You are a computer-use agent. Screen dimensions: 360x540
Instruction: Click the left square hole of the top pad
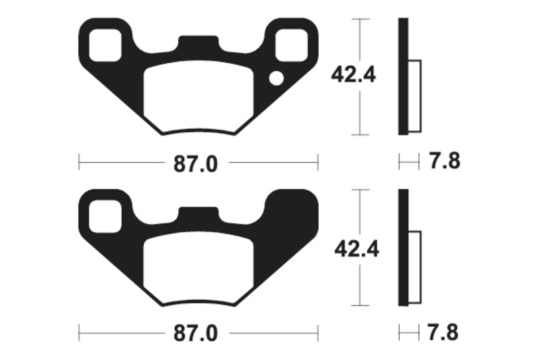[x=106, y=43]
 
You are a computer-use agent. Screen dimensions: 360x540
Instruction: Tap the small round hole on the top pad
[x=276, y=79]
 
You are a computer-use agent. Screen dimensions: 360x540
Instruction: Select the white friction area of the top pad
[x=198, y=95]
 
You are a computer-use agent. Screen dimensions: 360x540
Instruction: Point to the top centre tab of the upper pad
[x=198, y=45]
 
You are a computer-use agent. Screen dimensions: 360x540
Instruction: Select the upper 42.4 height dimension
[x=353, y=74]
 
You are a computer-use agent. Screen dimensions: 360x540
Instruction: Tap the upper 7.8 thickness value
[x=444, y=162]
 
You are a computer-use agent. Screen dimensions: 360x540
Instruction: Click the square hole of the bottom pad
[x=106, y=213]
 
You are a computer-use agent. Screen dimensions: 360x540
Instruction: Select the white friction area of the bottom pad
[x=198, y=265]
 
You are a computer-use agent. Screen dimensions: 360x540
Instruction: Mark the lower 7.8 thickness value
[x=444, y=333]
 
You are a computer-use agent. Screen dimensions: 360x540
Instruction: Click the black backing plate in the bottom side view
[x=403, y=247]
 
